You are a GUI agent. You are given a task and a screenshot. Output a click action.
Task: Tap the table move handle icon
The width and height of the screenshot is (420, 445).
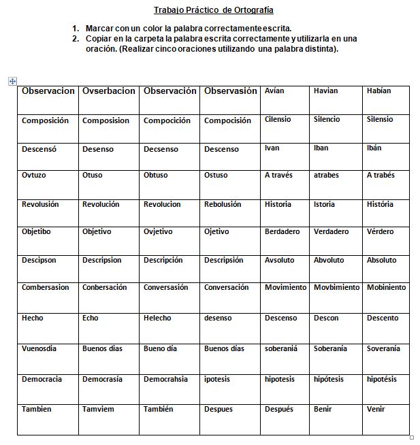pos(12,81)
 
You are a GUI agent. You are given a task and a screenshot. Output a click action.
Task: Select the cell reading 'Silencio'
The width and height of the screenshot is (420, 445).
pos(327,119)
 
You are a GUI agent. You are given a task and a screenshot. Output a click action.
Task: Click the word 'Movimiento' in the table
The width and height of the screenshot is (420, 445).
pos(285,287)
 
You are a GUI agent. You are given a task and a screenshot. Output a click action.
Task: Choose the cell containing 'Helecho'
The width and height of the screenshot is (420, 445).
pos(157,318)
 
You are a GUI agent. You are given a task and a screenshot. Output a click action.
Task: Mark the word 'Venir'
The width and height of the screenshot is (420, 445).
pos(376,409)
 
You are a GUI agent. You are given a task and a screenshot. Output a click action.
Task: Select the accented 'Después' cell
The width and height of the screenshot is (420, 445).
pos(279,409)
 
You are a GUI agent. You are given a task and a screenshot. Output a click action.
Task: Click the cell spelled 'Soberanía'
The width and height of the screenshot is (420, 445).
pos(330,348)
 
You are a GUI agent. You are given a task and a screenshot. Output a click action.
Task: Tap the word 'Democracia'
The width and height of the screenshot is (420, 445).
pos(42,378)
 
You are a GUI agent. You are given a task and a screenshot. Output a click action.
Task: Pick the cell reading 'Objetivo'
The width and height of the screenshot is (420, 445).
pos(97,231)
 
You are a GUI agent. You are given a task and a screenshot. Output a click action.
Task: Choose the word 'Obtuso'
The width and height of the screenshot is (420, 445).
pos(155,175)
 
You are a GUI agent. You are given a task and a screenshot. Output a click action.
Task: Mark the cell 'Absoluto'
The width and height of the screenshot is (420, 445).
pos(381,260)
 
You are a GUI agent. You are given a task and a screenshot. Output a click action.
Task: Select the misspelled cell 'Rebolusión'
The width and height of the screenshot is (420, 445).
pos(223,204)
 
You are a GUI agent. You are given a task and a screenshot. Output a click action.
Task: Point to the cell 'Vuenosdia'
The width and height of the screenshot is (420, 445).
pos(39,348)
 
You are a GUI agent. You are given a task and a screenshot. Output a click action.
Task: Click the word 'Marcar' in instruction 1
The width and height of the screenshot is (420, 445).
pos(100,29)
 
